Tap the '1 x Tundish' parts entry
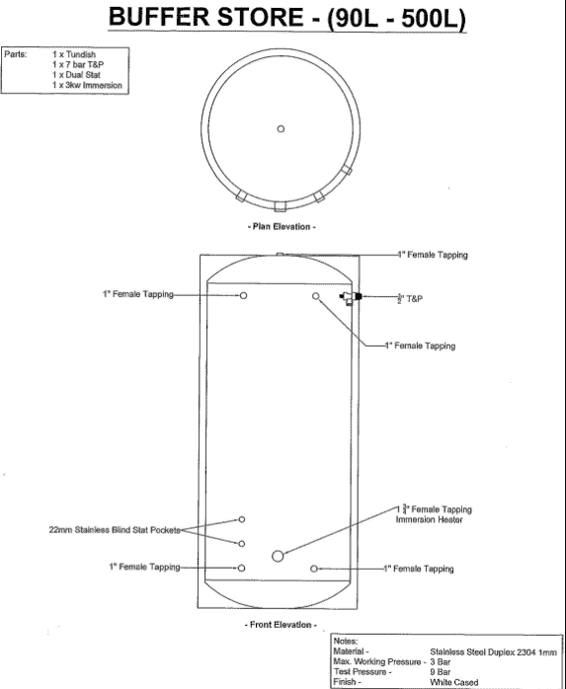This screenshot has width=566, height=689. point(74,54)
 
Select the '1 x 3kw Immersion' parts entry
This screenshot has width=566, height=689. point(87,85)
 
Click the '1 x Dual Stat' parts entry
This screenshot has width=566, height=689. point(76,75)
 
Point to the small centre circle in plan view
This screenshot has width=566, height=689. point(281,128)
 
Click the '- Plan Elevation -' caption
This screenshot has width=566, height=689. point(282,227)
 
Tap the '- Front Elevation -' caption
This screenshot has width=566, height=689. point(281,625)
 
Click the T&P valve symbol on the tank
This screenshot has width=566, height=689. point(351,298)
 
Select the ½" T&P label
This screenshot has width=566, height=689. point(410,299)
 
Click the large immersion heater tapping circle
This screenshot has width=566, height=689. point(278,556)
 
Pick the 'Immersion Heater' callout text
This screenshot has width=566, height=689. point(429,520)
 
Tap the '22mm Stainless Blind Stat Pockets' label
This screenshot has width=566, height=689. point(115,530)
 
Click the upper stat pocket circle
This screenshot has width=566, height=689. point(241,519)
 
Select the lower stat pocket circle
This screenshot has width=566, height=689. point(241,544)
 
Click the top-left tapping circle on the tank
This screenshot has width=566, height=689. point(243,295)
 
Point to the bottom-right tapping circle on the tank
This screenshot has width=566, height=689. point(314,569)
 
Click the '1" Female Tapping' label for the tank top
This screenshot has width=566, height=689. point(433,255)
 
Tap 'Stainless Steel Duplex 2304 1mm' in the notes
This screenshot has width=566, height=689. point(494,652)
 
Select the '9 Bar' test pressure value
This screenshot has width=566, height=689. point(441,672)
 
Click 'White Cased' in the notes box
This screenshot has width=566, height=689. point(454,682)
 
